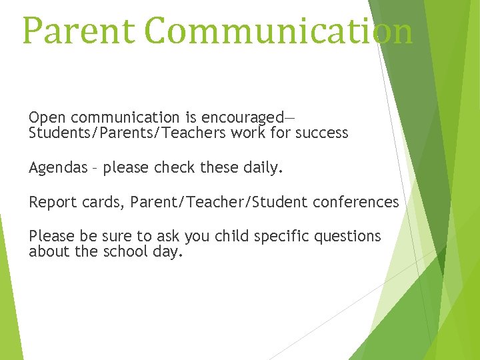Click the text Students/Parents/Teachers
point(127,133)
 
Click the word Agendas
point(58,167)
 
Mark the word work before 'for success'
point(247,133)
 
